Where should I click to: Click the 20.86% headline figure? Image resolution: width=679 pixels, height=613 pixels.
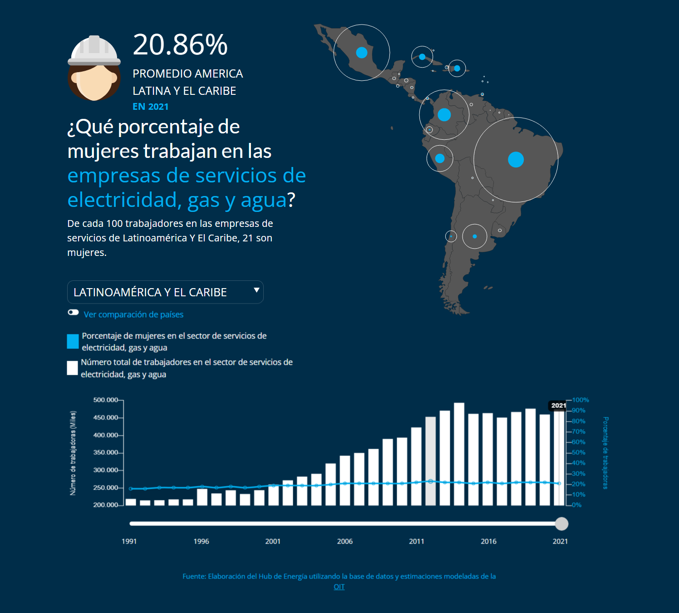pyautogui.click(x=180, y=45)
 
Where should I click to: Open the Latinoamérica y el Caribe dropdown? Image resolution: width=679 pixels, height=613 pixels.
pyautogui.click(x=165, y=292)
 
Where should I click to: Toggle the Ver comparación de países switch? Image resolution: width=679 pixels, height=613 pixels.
pyautogui.click(x=73, y=312)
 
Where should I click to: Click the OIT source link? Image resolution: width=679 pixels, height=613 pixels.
pyautogui.click(x=339, y=587)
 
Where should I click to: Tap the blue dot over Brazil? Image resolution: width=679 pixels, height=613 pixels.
pyautogui.click(x=516, y=160)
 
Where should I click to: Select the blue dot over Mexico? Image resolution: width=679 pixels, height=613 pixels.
pyautogui.click(x=362, y=53)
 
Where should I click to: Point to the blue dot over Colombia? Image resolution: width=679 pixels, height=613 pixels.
pyautogui.click(x=444, y=115)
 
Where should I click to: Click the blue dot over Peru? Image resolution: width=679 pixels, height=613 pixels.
pyautogui.click(x=440, y=158)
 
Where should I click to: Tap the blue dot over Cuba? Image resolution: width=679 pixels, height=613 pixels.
pyautogui.click(x=422, y=57)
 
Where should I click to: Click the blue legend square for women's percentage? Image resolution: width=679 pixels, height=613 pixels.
pyautogui.click(x=73, y=341)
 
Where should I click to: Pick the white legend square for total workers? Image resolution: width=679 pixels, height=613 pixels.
pyautogui.click(x=72, y=368)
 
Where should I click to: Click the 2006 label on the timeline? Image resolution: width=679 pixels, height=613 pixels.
pyautogui.click(x=345, y=541)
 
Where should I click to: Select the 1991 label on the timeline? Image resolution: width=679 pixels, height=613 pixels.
pyautogui.click(x=129, y=541)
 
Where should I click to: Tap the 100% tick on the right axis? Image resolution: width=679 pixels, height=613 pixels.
pyautogui.click(x=581, y=400)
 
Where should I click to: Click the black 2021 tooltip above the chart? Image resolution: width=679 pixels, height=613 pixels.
pyautogui.click(x=558, y=406)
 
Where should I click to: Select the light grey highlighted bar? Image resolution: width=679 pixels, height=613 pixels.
pyautogui.click(x=430, y=461)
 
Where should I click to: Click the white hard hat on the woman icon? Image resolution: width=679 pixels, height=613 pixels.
pyautogui.click(x=94, y=50)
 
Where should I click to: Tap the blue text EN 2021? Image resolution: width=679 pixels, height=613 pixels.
pyautogui.click(x=150, y=107)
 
